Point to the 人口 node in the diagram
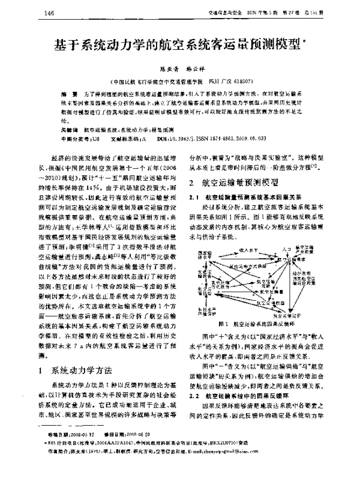286,247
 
